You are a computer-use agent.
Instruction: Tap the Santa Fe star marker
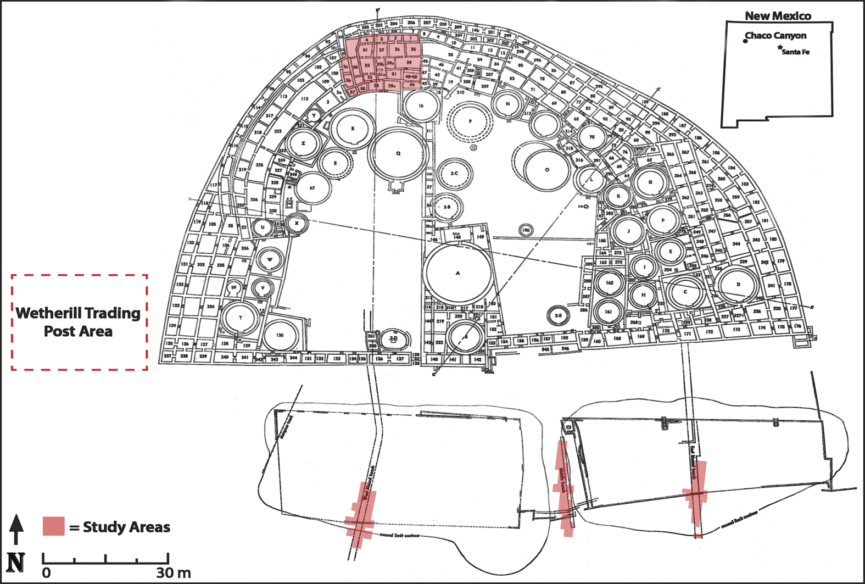pyautogui.click(x=780, y=48)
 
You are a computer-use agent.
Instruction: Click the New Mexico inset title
pyautogui.click(x=778, y=16)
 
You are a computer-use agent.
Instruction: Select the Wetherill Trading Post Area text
pyautogui.click(x=79, y=322)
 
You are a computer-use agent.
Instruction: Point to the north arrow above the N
pyautogui.click(x=16, y=529)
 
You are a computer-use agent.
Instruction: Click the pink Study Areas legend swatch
pyautogui.click(x=54, y=526)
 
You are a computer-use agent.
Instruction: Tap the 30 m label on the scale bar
pyautogui.click(x=174, y=573)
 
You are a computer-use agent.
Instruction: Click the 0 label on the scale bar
pyautogui.click(x=46, y=573)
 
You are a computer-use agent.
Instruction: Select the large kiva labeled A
pyautogui.click(x=457, y=273)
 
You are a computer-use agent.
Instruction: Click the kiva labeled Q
pyautogui.click(x=399, y=153)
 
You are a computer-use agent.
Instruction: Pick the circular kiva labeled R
pyautogui.click(x=353, y=129)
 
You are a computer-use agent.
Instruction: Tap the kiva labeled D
pyautogui.click(x=738, y=285)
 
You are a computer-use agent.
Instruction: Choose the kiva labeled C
pyautogui.click(x=685, y=292)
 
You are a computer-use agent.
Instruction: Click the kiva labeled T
pyautogui.click(x=241, y=318)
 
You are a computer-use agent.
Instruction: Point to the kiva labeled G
pyautogui.click(x=650, y=182)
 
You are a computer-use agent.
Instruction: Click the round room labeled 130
pyautogui.click(x=280, y=335)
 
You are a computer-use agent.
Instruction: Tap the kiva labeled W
pyautogui.click(x=270, y=259)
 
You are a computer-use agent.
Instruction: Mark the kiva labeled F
pyautogui.click(x=663, y=220)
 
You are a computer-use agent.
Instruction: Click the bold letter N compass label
pyautogui.click(x=15, y=561)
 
